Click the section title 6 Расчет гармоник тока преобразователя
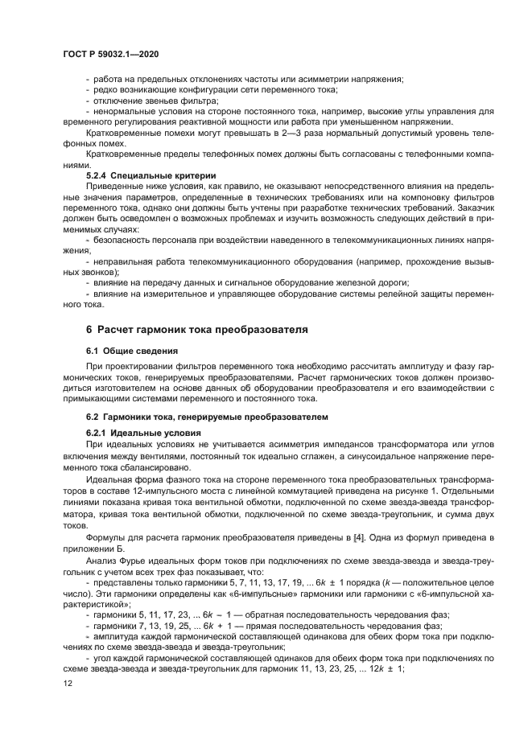point(202,330)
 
